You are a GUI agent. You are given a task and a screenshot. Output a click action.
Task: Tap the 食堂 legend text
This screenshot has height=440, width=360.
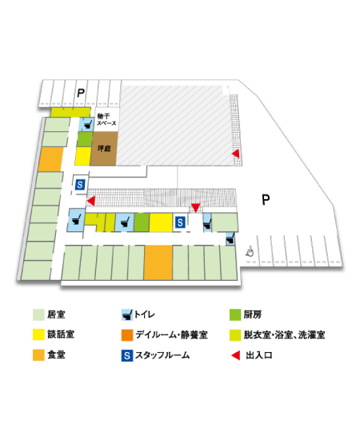56,354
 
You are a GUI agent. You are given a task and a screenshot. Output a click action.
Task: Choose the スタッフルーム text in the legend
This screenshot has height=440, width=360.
162,354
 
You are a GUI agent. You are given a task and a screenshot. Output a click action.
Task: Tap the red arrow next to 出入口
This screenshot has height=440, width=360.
235,354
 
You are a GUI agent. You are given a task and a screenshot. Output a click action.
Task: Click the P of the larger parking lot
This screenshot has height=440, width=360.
266,198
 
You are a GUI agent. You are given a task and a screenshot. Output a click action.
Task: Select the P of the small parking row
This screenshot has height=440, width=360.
80,94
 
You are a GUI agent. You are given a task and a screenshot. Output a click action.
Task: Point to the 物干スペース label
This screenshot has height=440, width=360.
106,122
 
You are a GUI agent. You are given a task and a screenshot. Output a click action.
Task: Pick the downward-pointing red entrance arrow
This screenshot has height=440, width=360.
195,208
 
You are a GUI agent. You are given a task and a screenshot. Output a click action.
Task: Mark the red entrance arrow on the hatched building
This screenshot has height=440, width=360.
235,154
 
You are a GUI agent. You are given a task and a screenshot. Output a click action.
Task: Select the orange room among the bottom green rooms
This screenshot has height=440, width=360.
158,262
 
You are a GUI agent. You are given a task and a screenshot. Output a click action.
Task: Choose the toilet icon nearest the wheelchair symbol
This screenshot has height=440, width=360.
230,238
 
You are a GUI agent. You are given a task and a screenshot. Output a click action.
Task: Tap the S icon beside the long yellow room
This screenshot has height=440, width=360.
180,222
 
